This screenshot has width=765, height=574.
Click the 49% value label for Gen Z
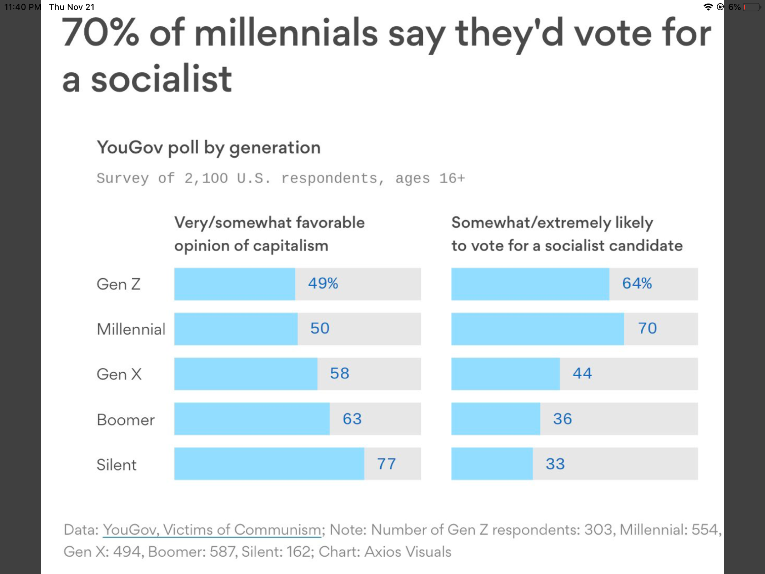click(323, 283)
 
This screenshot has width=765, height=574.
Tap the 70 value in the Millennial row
click(647, 328)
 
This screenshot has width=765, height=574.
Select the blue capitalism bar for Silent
click(269, 464)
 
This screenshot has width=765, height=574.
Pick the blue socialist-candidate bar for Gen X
click(505, 374)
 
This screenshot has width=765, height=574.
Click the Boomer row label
click(126, 420)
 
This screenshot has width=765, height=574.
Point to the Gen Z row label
click(119, 284)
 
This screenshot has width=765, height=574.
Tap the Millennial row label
click(131, 329)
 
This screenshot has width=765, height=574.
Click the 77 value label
click(386, 464)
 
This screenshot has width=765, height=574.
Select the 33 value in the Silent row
click(555, 464)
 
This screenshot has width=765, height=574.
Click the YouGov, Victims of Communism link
click(212, 530)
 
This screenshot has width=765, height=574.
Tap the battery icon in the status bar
click(752, 7)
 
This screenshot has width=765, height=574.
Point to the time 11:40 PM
click(22, 7)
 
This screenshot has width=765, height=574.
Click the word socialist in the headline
click(161, 79)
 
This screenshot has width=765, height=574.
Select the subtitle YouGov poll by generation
click(209, 147)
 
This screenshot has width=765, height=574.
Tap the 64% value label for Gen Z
click(637, 283)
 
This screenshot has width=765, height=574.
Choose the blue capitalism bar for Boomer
click(252, 419)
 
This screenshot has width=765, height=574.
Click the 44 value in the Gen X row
click(582, 373)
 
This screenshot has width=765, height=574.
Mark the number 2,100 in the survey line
click(206, 178)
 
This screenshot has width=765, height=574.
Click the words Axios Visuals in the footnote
click(408, 552)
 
